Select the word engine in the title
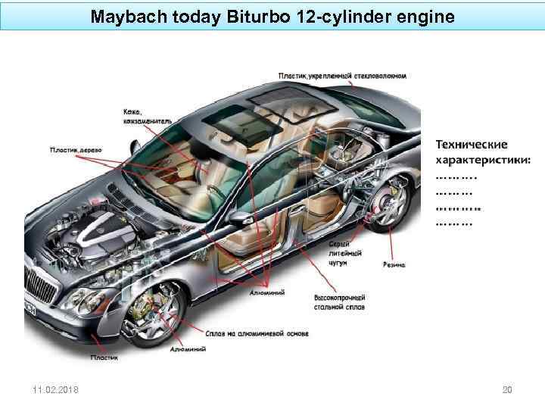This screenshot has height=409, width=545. [428, 16]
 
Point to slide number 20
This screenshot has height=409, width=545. [507, 390]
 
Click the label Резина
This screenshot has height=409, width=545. [393, 265]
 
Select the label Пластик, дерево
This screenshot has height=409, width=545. [76, 150]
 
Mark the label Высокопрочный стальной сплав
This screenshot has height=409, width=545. [339, 303]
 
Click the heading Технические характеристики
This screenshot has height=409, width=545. [482, 151]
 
